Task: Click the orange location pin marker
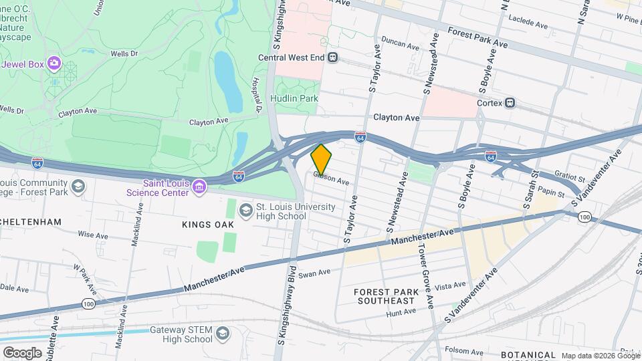pyautogui.click(x=322, y=159)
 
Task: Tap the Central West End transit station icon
pyautogui.click(x=333, y=57)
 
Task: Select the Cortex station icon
pyautogui.click(x=510, y=103)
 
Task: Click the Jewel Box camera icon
pyautogui.click(x=53, y=64)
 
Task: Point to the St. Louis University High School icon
pyautogui.click(x=246, y=211)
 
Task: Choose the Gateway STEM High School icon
pyautogui.click(x=222, y=334)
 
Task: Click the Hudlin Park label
pyautogui.click(x=294, y=98)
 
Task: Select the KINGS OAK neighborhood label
pyautogui.click(x=208, y=225)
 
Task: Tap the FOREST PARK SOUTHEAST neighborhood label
pyautogui.click(x=386, y=296)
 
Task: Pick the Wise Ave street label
pyautogui.click(x=93, y=235)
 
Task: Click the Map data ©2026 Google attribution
pyautogui.click(x=600, y=356)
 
